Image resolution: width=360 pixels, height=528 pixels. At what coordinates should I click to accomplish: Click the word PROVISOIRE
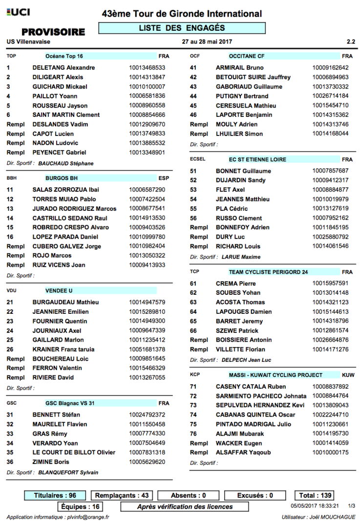tap(53, 32)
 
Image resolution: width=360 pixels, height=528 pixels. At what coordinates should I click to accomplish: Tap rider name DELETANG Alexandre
tap(63, 68)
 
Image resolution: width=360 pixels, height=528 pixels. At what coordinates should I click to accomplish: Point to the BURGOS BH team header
tap(62, 178)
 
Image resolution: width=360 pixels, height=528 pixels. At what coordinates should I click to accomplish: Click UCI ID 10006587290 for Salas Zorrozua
tap(147, 190)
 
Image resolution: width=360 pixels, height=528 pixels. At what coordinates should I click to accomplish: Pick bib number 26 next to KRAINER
tap(10, 350)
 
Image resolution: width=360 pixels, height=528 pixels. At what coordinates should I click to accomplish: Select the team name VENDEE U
tap(59, 290)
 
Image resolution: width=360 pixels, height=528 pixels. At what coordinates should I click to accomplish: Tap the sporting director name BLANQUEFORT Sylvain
tap(68, 472)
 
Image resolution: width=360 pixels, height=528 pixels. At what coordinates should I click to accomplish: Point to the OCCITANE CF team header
tap(247, 56)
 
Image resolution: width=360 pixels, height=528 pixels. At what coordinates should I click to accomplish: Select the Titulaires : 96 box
tap(55, 496)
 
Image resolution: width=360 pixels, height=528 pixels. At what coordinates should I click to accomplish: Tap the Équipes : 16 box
tap(81, 506)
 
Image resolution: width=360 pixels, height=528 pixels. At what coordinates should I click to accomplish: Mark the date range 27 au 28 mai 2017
tap(206, 42)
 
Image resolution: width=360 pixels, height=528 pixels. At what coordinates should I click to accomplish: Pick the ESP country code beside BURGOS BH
tap(164, 178)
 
